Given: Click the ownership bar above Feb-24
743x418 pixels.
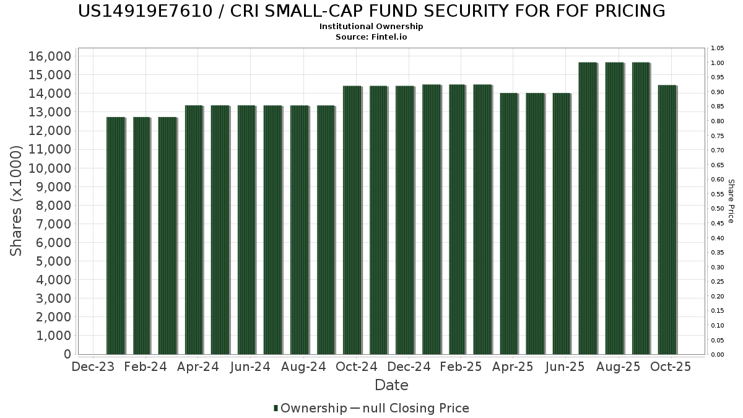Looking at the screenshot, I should point(142,235).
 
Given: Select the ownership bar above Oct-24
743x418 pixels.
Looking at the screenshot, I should point(352,220).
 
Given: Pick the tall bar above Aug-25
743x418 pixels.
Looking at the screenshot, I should point(615,208).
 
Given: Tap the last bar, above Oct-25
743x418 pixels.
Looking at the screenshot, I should point(667,220).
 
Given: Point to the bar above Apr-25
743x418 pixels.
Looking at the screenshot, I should point(510,224).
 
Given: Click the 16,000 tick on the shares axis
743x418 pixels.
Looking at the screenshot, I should point(50,56).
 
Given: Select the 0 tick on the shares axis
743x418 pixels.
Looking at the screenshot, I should point(67,354).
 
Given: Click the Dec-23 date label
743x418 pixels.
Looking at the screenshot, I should point(93,367).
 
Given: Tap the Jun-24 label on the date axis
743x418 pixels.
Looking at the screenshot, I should point(250,367).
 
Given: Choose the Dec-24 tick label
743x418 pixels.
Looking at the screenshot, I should point(409,367).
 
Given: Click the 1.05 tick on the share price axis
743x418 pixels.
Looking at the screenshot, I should point(718,48).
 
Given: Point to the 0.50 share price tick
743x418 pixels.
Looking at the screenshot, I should point(718,209).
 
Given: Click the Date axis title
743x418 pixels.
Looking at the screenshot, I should point(391,385).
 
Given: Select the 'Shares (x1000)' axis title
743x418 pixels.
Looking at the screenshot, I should point(17,201).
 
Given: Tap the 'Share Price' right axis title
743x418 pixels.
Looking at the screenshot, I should point(731,201).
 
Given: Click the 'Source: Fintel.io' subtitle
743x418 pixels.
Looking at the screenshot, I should point(371,37).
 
